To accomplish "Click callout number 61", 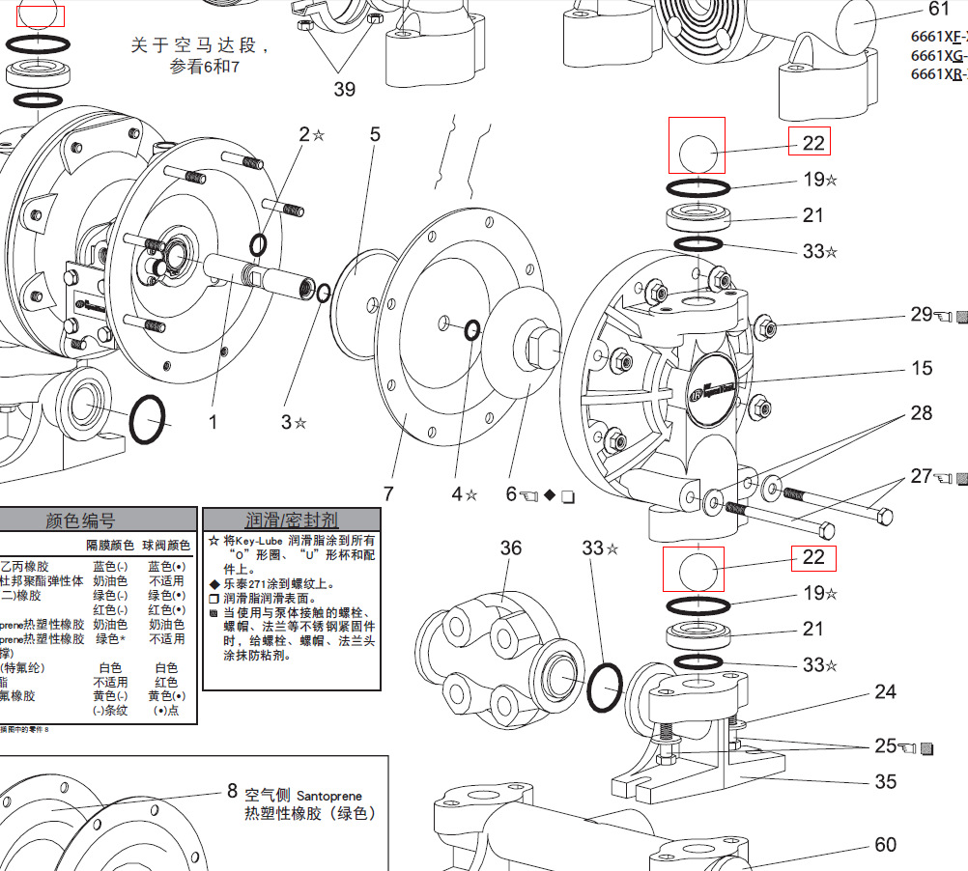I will (x=939, y=10).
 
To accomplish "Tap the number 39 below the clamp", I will (x=344, y=90).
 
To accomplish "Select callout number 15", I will (x=922, y=368).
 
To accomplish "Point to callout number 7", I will (x=388, y=493).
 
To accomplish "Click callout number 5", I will (x=376, y=134).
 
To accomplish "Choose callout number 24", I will (x=885, y=691).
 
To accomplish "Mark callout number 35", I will (x=885, y=781).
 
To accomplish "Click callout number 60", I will (x=885, y=844).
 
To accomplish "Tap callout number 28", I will (x=922, y=413).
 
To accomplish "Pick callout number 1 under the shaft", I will (x=214, y=422).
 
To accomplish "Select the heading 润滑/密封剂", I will (x=292, y=520).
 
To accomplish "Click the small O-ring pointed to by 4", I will (x=472, y=331).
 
